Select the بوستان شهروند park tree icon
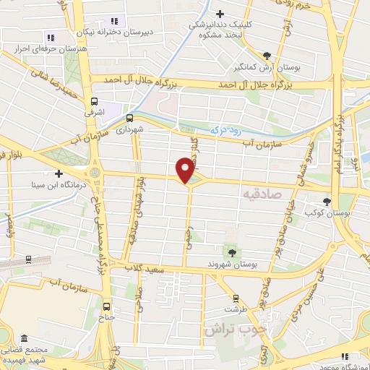point(231,252)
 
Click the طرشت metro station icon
point(235,298)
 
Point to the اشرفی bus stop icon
point(94,102)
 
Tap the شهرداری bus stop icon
point(129,117)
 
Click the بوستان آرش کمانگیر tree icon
point(268,56)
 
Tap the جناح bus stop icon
point(108,305)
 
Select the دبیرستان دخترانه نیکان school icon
point(113,22)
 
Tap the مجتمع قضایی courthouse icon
point(25,338)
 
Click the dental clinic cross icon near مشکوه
point(220,14)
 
